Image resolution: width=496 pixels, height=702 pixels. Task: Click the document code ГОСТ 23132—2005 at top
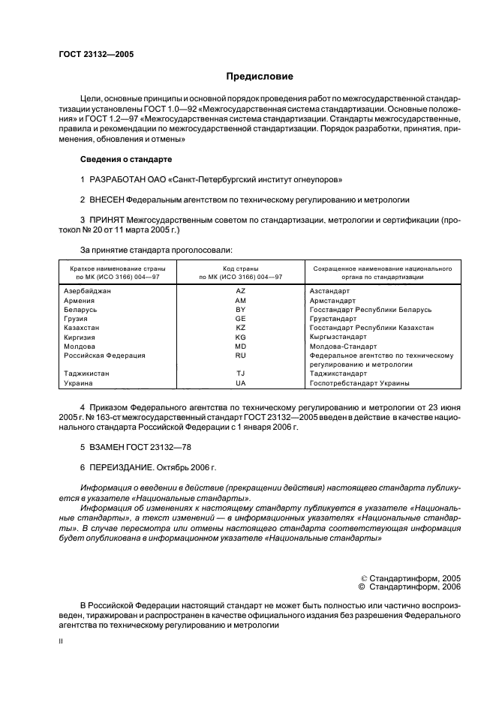pos(96,54)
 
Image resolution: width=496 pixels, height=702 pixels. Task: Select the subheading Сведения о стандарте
pos(126,160)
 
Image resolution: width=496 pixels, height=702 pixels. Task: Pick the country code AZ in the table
pos(240,289)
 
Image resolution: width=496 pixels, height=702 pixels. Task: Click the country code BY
pos(240,309)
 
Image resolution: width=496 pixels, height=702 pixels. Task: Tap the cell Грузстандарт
pos(333,318)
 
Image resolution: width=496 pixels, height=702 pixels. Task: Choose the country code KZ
pos(240,328)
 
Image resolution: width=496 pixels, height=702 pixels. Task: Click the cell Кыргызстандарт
pos(338,337)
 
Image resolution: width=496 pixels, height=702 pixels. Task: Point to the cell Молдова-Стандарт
pos(341,346)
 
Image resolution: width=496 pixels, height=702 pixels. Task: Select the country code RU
pos(240,355)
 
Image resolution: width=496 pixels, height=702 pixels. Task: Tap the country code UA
pos(240,383)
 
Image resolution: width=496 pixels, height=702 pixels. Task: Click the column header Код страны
pos(240,268)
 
